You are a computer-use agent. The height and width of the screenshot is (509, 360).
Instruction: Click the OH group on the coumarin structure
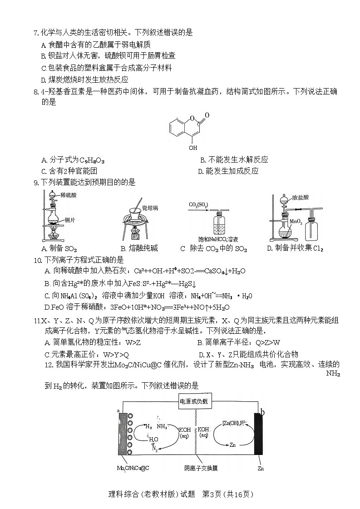click(x=193, y=148)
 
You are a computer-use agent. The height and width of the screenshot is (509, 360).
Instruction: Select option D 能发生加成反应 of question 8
click(x=228, y=171)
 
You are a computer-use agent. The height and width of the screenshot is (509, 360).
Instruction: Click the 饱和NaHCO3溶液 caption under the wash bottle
click(x=218, y=239)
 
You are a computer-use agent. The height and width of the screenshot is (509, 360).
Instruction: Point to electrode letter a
click(x=118, y=410)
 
